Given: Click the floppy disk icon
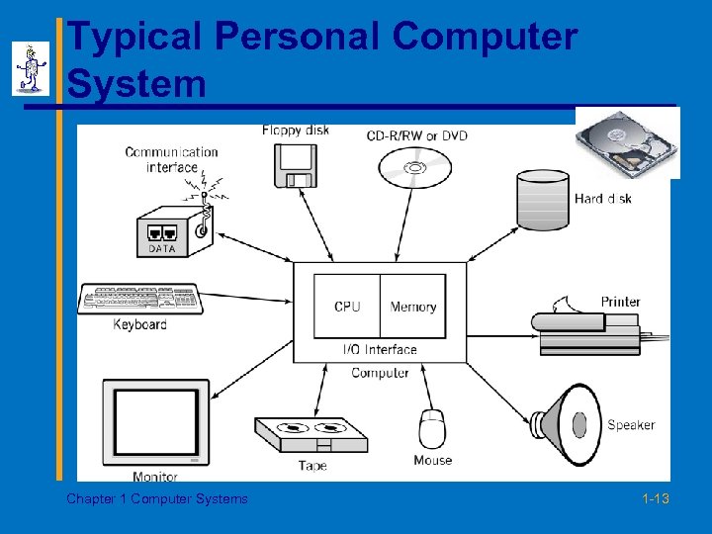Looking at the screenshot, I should pos(296,166).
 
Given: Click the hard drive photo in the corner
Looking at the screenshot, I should pos(628,142).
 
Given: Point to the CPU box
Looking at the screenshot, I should pos(347,307).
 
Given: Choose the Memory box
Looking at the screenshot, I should pos(412,307).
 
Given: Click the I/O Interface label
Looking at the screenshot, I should pos(380,349).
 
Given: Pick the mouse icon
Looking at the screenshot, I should pos(432,428).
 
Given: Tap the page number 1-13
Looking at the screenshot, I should pos(655,499).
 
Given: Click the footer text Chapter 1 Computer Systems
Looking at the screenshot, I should pos(157,499).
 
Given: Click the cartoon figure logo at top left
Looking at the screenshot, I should pos(31,68).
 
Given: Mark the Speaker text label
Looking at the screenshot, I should pos(631,425).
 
